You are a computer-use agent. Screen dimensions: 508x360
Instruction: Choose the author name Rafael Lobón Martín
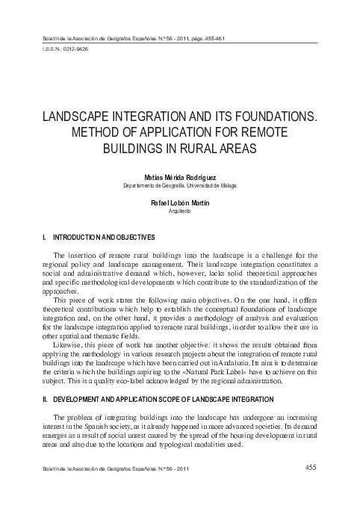[180, 203]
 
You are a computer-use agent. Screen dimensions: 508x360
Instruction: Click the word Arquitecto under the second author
[180, 211]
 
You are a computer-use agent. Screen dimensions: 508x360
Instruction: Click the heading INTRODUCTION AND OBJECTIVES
[105, 237]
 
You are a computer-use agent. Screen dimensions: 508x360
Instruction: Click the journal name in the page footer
[112, 469]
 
